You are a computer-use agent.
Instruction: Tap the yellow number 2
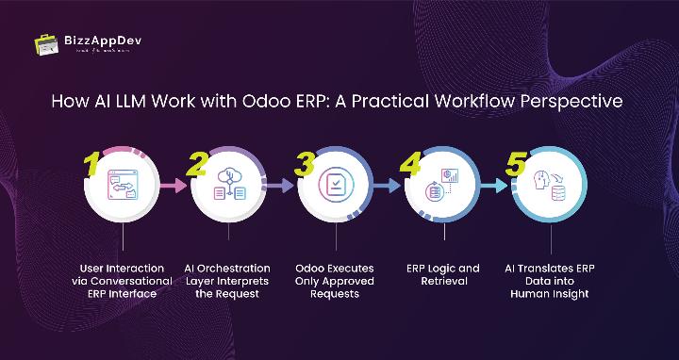[197, 165]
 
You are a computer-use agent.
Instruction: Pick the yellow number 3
[304, 165]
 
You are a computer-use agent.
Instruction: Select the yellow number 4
[410, 165]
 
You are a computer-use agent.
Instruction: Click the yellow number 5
[516, 165]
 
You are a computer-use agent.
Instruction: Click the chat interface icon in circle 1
[123, 186]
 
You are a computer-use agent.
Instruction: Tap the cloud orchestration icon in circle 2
[230, 186]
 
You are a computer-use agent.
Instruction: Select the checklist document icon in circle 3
[336, 186]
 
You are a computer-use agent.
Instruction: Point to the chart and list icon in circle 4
[442, 186]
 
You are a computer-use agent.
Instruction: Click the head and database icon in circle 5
[549, 186]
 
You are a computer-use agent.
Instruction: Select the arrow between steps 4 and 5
[495, 187]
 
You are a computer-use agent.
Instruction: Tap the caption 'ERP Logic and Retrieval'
[442, 274]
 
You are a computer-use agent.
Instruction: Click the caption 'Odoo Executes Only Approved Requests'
[336, 281]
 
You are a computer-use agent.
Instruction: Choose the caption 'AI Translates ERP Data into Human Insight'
[549, 281]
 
